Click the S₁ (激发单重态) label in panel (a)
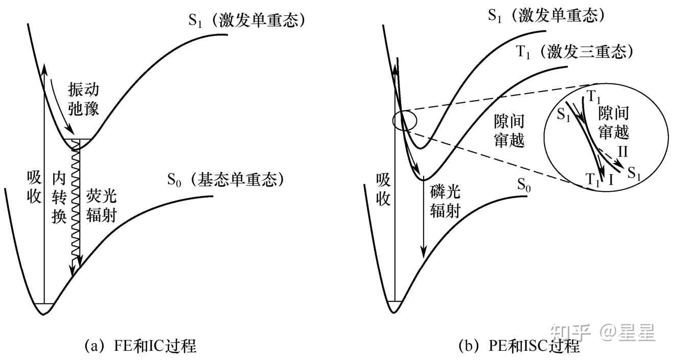coord(246,20)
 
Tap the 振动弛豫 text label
coord(83,99)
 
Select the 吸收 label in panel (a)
coord(34,187)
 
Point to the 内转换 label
coord(59,198)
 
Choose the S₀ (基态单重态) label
coord(225,180)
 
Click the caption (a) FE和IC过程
coord(141,346)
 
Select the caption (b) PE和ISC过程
coord(519,346)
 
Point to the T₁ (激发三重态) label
coord(574,52)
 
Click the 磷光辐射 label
coord(445,202)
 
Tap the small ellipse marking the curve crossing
coord(405,121)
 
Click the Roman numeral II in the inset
coord(623,152)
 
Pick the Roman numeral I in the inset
coord(610,180)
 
